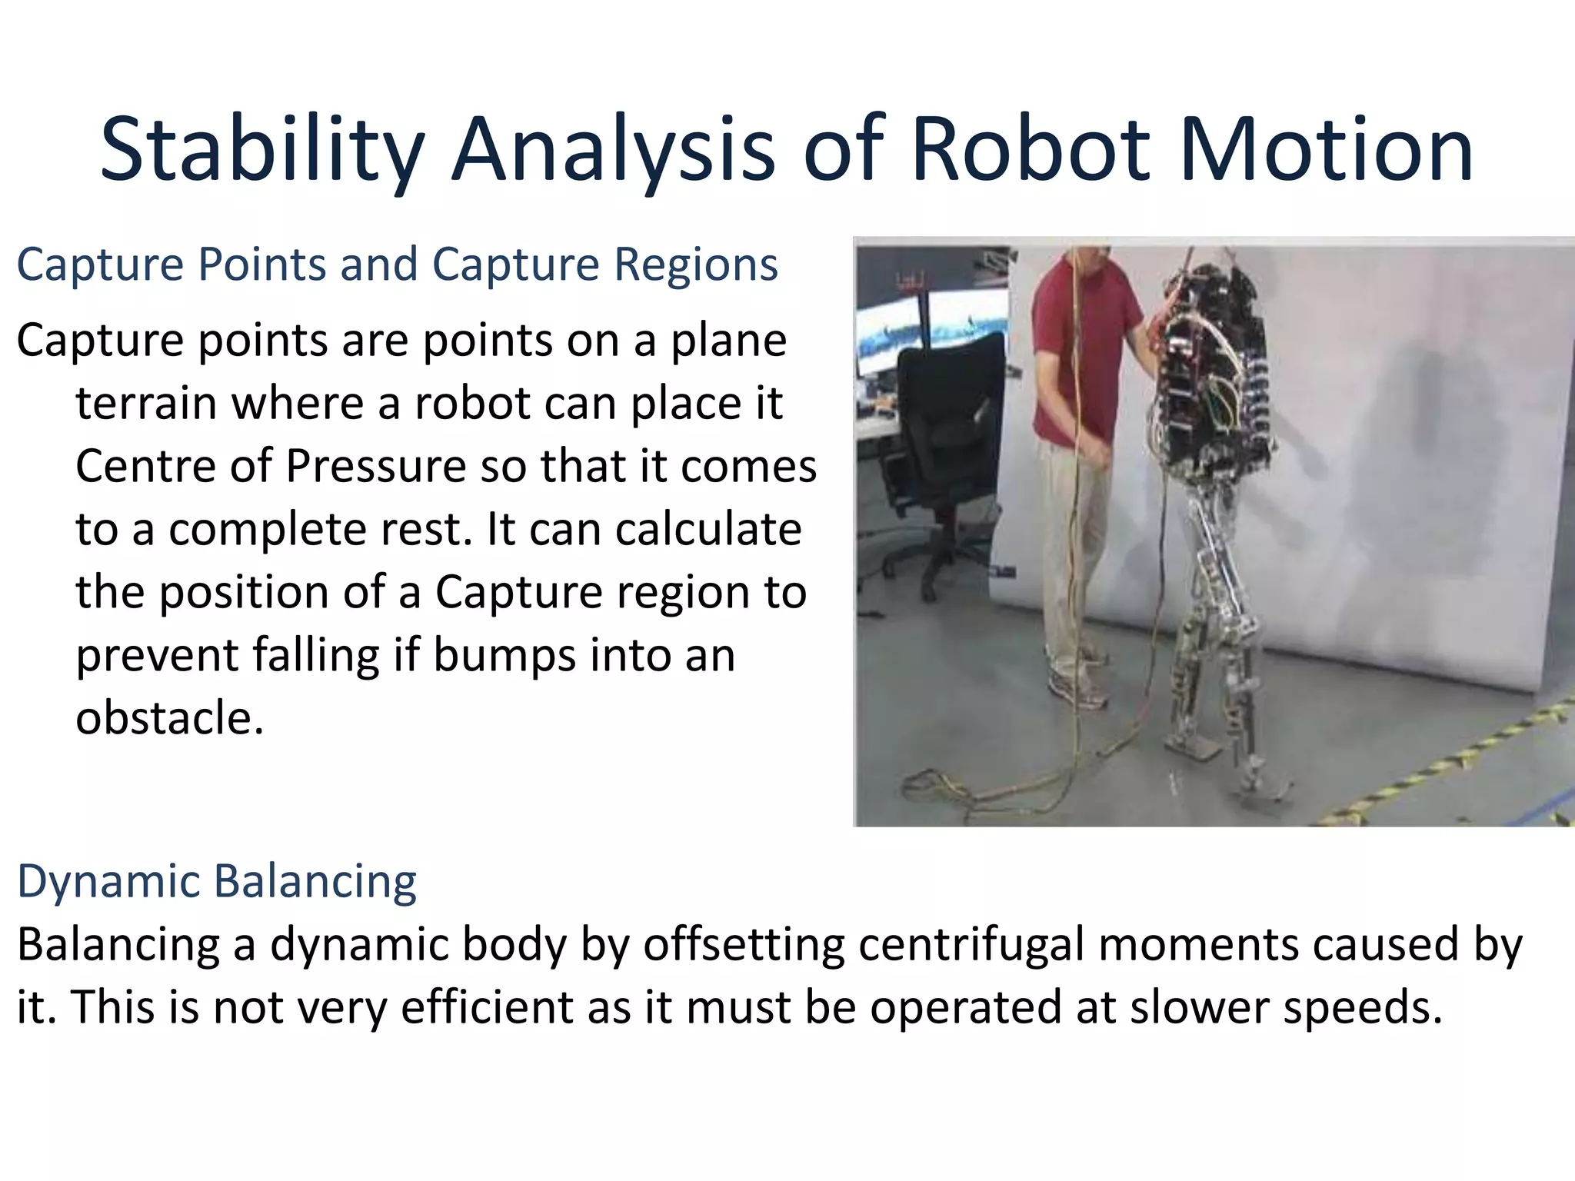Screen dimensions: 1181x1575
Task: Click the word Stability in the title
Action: (261, 150)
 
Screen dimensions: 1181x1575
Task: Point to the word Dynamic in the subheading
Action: (108, 882)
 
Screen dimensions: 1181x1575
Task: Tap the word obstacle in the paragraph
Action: (169, 719)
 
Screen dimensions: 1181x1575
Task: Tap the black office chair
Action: (946, 431)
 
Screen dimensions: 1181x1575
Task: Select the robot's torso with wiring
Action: (1207, 369)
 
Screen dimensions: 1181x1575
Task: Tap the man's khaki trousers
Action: (1073, 554)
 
